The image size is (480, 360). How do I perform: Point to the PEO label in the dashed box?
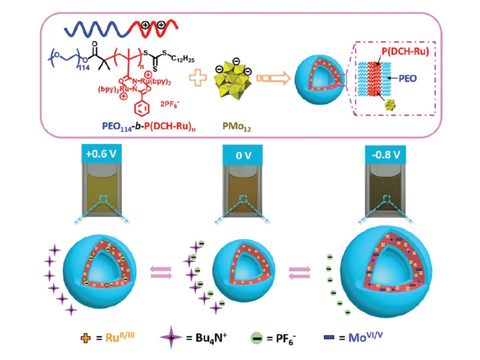pos(420,77)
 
